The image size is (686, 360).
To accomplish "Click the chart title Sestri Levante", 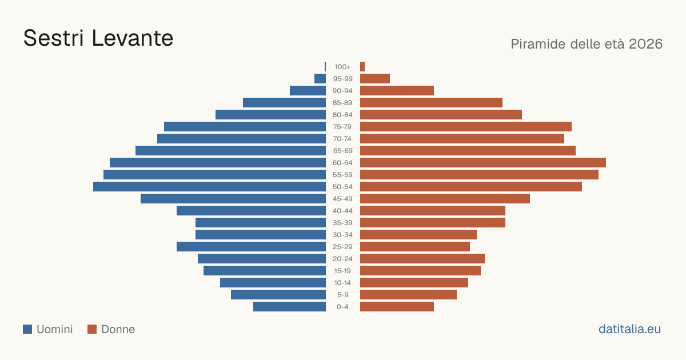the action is coord(98,38).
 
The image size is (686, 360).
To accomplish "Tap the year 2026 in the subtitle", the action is coord(645,44).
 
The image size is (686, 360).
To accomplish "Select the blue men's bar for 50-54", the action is coord(209,187).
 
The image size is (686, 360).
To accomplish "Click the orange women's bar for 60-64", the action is coord(483,162).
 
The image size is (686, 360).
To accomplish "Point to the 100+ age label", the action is coord(342,67).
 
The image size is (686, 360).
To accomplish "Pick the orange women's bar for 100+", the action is coord(362,67).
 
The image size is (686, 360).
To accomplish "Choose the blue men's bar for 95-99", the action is coord(320,79).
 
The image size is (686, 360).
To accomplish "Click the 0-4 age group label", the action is coord(342,307).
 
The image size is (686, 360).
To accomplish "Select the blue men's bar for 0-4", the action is coord(289,307).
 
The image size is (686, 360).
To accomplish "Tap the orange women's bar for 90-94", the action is coord(397,91).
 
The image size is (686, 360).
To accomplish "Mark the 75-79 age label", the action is coord(342,127).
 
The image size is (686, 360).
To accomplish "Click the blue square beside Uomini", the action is coord(27,329).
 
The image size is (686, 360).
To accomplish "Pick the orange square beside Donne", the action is coord(92,329).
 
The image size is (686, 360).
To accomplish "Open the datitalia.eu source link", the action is coord(629,329).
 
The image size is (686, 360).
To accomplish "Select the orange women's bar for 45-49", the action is coord(445,199).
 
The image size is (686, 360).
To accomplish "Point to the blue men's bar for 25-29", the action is coord(251,247).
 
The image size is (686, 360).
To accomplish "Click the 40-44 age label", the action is coord(342,211).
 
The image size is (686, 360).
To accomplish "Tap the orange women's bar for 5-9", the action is coord(408,295).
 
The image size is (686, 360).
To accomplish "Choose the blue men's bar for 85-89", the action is coord(285,102).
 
